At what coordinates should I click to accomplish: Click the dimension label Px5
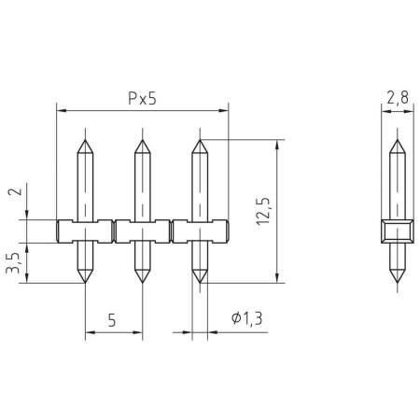[x=142, y=98]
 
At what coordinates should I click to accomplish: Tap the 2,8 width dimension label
[x=398, y=98]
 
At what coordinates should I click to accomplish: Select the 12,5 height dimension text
[x=263, y=211]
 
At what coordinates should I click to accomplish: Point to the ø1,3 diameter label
[x=247, y=318]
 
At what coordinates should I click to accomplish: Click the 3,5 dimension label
[x=13, y=263]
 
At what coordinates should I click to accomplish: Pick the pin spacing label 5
[x=112, y=320]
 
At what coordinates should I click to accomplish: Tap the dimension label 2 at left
[x=16, y=191]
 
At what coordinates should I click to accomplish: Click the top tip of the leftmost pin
[x=85, y=140]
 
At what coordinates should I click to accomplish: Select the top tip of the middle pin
[x=143, y=140]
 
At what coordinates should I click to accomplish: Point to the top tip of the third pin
[x=200, y=140]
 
